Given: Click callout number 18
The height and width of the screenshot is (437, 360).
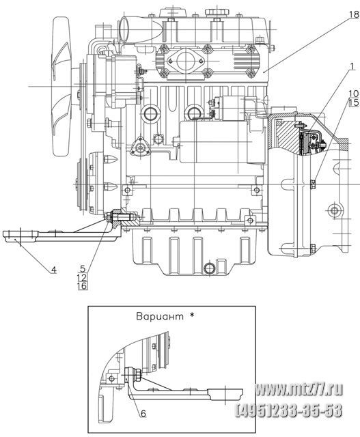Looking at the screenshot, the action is (354, 14).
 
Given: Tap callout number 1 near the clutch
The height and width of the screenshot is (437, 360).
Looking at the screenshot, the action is (352, 66).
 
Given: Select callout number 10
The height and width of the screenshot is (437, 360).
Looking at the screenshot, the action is (354, 94).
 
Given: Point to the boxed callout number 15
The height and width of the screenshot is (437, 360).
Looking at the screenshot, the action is (354, 102).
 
